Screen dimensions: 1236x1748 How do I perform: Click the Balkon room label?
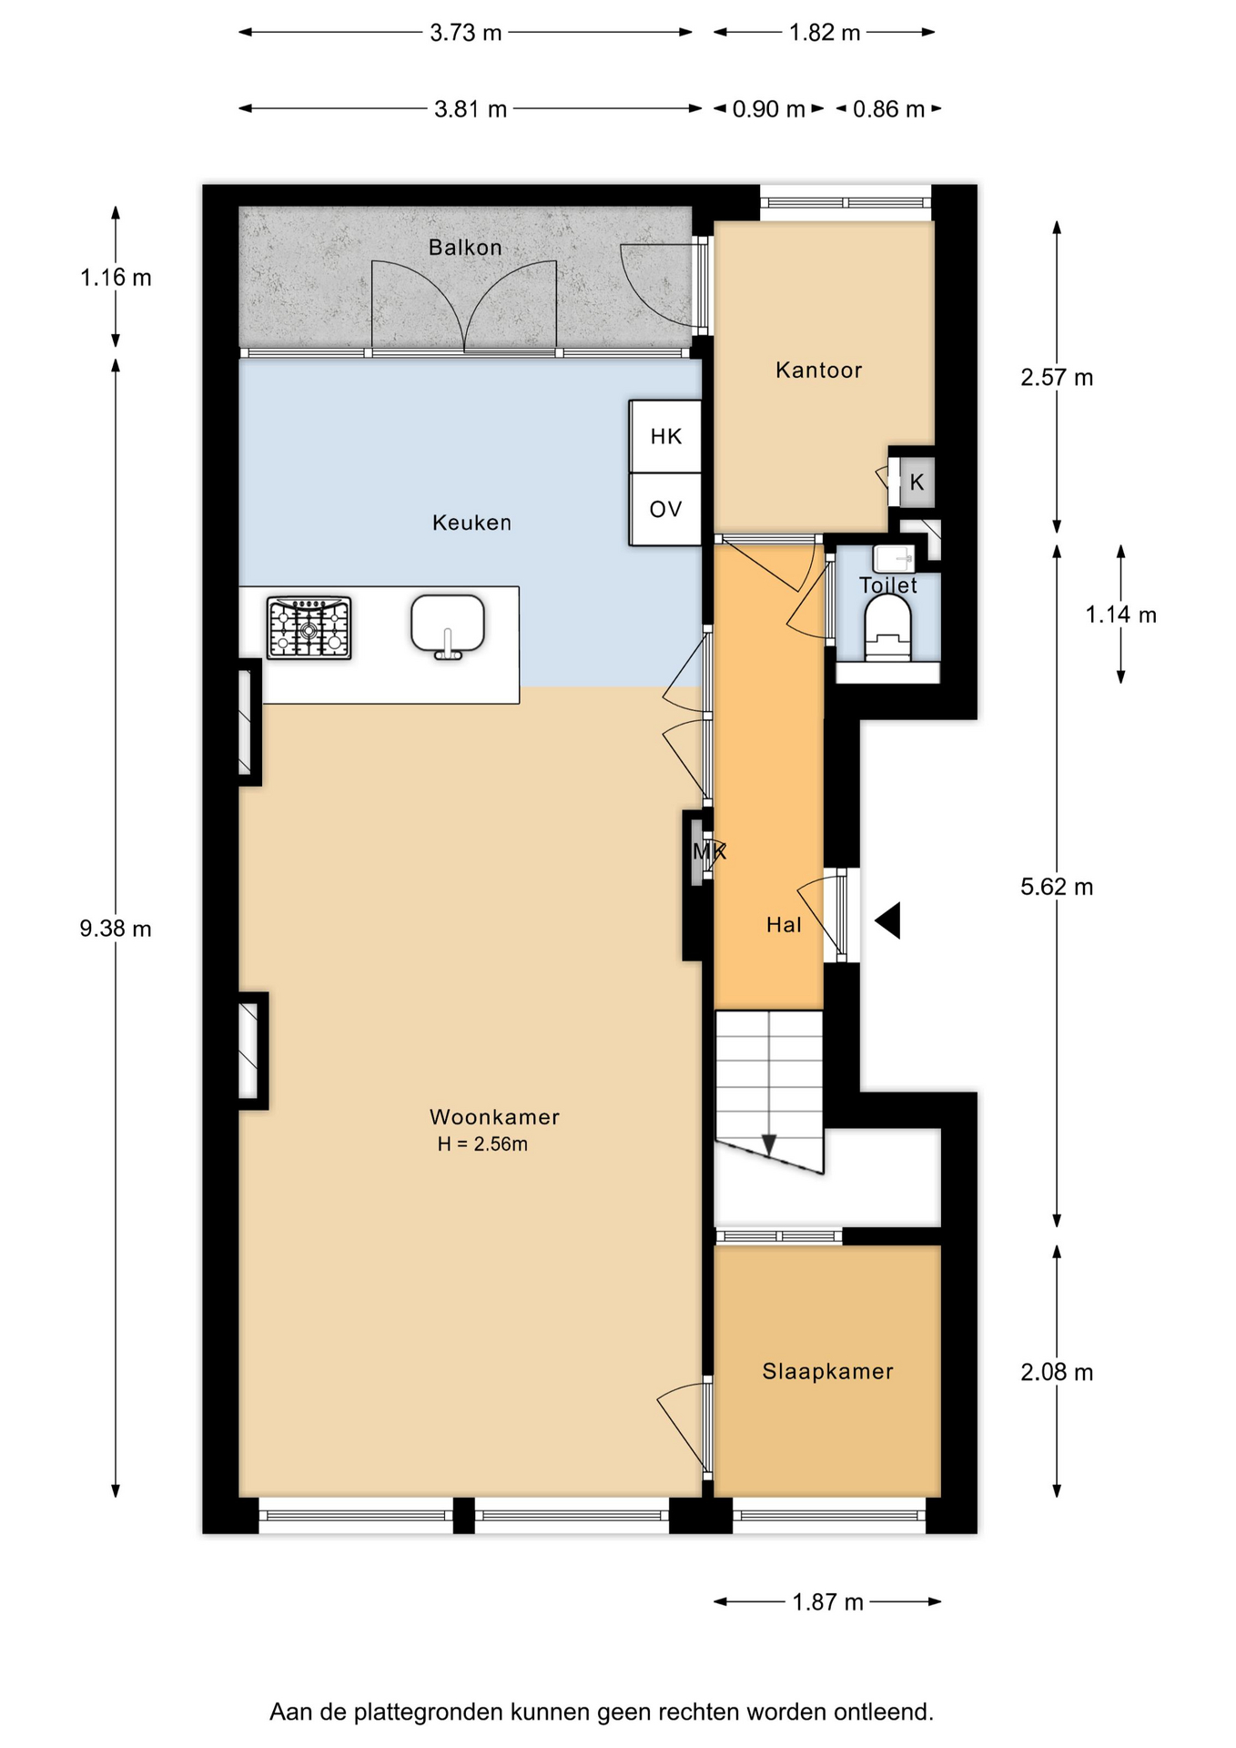(x=465, y=248)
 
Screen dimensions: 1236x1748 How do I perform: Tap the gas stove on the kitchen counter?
(x=309, y=627)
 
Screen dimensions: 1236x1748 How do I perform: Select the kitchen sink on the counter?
(x=447, y=626)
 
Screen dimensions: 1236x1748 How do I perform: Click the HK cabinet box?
(x=665, y=436)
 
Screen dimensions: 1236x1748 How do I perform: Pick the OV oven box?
(x=665, y=509)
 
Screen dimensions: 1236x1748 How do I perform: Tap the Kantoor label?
(x=818, y=370)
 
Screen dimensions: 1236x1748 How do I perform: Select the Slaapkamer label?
(x=827, y=1371)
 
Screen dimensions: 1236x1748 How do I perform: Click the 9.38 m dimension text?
(x=116, y=929)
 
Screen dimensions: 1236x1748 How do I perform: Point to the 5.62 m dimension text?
(x=1057, y=887)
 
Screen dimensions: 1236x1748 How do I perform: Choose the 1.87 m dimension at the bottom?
(x=827, y=1601)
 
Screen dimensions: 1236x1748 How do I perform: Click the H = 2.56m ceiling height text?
(x=482, y=1144)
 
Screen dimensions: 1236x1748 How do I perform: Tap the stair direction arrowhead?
(x=769, y=1144)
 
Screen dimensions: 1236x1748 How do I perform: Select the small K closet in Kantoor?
(x=917, y=482)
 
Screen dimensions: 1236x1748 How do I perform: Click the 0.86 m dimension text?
(x=888, y=109)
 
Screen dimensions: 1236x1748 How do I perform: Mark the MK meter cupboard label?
(x=709, y=852)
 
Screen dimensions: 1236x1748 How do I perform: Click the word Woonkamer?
(x=494, y=1117)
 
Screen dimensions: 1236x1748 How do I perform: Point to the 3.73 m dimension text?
(x=465, y=33)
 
